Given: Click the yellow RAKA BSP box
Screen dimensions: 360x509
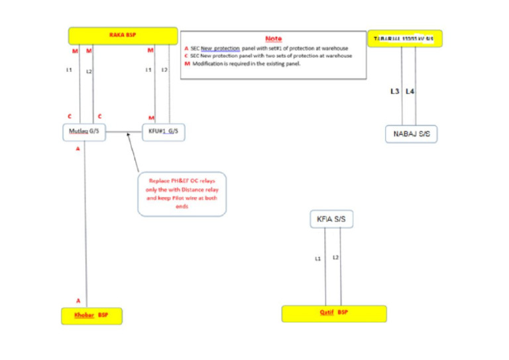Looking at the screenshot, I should coord(124,36).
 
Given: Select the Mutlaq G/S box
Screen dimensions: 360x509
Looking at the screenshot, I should coord(85,132).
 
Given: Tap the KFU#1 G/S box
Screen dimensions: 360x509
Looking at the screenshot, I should coord(163,132).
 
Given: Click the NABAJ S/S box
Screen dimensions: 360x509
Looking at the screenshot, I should coord(412,134).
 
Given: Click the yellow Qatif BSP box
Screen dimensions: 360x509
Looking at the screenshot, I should coord(334,313).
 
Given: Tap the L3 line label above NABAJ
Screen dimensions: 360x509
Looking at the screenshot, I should coord(396,91).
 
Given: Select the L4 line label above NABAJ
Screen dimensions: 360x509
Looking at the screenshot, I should coord(410,91).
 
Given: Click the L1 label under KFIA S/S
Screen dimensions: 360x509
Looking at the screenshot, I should coord(319,258).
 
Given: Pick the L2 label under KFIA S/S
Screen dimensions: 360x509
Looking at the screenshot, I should coord(336,257).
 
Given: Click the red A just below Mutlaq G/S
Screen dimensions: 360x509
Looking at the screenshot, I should coord(78,149).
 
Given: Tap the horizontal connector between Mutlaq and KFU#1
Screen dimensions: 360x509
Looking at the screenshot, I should coord(125,132).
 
